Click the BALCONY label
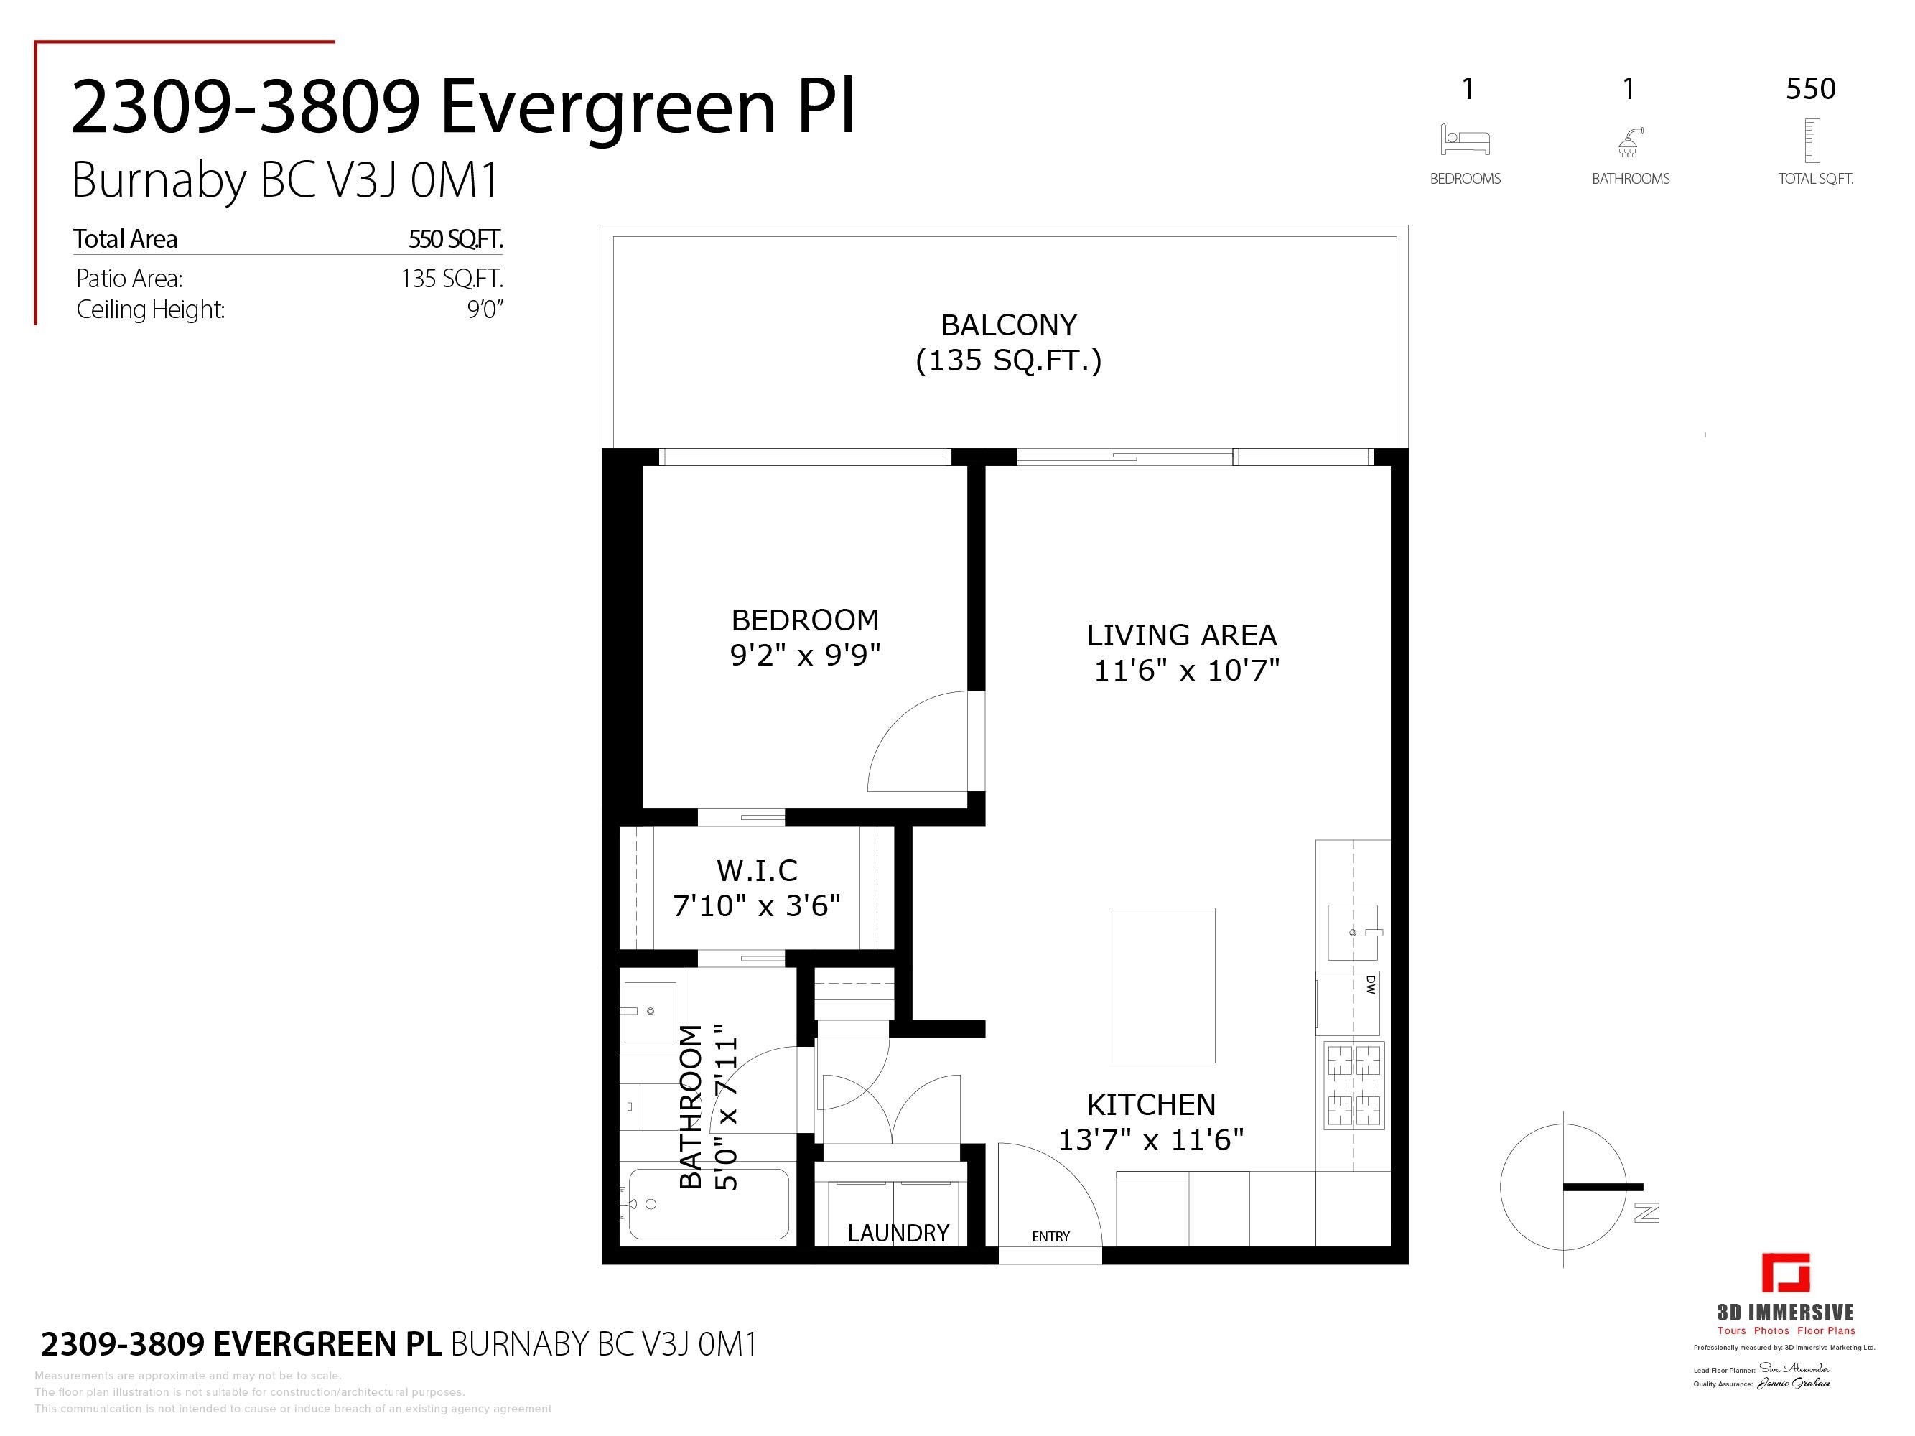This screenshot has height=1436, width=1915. point(1009,325)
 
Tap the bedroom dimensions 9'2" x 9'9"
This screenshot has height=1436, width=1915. point(805,656)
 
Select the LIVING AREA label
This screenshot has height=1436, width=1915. point(1182,635)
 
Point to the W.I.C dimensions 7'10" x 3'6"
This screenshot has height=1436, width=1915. point(757,906)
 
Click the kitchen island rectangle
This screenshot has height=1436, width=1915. point(1162,985)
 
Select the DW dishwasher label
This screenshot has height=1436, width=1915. point(1371,984)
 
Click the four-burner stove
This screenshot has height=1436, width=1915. point(1354,1086)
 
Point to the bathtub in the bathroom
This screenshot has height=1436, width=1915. point(708,1204)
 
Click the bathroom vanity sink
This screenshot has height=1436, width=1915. point(648,1010)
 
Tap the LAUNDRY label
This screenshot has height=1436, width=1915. point(898,1233)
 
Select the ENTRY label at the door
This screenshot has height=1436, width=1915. point(1050,1237)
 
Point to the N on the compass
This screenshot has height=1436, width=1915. point(1646,1213)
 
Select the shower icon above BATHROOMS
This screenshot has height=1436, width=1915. point(1629,142)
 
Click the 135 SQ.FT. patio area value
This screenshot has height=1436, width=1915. point(451,279)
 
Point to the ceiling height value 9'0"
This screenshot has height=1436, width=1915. point(485,310)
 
